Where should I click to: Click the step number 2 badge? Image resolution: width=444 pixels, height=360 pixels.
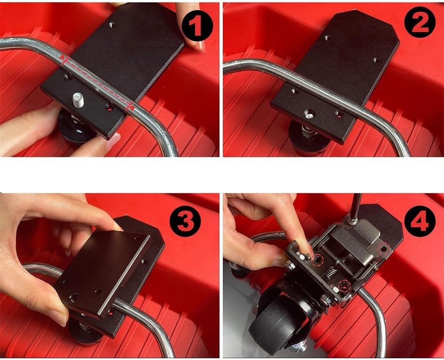point(420,23)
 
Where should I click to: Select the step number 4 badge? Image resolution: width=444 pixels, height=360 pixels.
point(420,222)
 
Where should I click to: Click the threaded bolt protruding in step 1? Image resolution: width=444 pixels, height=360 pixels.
point(77,100)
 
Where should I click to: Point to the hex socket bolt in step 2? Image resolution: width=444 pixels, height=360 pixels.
point(310,114)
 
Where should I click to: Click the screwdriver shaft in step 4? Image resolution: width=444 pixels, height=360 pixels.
point(355,206)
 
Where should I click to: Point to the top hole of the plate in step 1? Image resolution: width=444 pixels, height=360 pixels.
point(112,25)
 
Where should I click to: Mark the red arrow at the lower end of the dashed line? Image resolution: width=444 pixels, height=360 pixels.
point(130,107)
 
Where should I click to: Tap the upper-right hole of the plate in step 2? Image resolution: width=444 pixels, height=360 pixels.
point(376,60)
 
